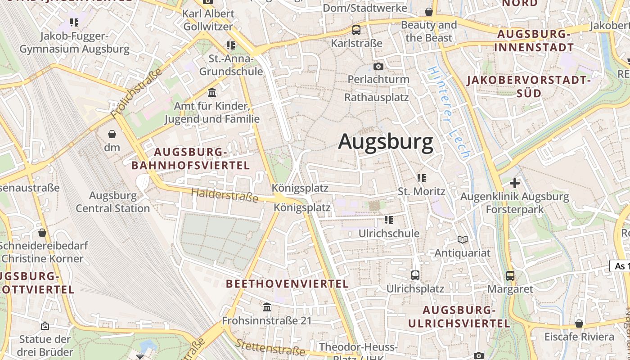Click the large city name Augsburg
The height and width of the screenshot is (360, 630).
point(386,142)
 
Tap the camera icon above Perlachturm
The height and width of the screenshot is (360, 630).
point(378,67)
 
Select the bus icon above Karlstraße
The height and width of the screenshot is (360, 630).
point(356,30)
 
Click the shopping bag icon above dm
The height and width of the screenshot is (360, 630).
point(112,134)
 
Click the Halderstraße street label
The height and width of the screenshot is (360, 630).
point(225,195)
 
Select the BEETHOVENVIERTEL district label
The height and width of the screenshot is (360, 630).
point(287,283)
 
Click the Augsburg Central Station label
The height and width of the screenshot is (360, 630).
point(112,202)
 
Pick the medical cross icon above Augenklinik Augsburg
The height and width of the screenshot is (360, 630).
point(514,183)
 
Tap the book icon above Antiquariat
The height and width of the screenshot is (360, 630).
point(463,239)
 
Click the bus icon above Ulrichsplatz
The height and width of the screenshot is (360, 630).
point(415,275)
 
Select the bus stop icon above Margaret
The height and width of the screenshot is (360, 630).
point(510,275)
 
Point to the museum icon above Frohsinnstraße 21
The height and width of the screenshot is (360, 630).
point(267,307)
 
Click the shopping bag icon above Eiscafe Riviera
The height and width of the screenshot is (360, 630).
point(579,324)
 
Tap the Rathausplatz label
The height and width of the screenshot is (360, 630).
point(376,97)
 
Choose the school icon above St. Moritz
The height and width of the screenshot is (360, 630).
point(422,178)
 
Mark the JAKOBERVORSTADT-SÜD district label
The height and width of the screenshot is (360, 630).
point(528,87)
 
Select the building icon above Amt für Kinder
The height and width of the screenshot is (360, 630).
point(212,93)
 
